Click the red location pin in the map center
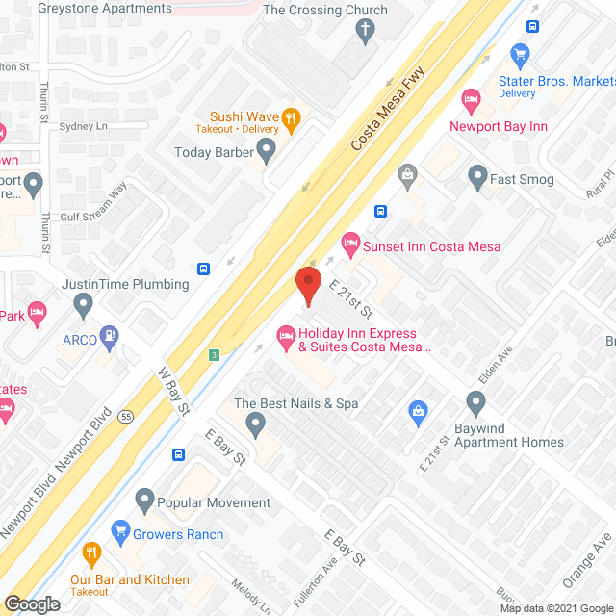coord(307,284)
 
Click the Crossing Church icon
coord(364,30)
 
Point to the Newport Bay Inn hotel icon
coord(471,99)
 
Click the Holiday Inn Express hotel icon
coord(285,334)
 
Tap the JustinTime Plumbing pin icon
coord(84,305)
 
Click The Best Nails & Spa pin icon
coord(255,423)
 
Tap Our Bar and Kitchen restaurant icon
coord(92,553)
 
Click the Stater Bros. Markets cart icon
coord(521,54)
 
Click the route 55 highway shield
coord(125,417)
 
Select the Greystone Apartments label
coord(105,9)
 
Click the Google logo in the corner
coord(32,604)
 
